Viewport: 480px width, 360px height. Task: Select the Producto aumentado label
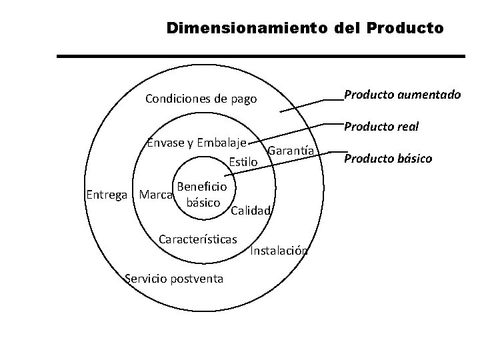click(401, 95)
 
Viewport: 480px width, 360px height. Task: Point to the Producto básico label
click(388, 158)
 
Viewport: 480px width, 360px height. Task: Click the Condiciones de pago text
click(201, 99)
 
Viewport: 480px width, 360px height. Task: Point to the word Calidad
click(250, 211)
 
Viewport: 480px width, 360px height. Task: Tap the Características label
click(199, 238)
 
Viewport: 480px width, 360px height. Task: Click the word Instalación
click(279, 251)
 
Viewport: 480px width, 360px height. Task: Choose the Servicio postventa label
click(175, 277)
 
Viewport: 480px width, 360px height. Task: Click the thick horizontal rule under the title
click(260, 57)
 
